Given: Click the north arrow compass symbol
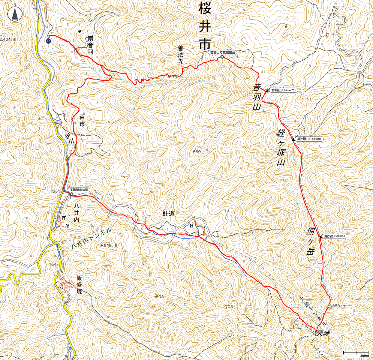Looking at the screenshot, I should pyautogui.click(x=15, y=14).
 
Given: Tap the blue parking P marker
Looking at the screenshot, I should pyautogui.click(x=48, y=41).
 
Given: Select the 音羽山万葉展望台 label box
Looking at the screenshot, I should pyautogui.click(x=222, y=52).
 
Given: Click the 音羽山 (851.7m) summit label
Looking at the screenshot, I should pyautogui.click(x=283, y=90).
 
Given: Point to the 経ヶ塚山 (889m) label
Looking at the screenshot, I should pyautogui.click(x=309, y=139).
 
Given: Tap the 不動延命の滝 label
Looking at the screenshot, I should pyautogui.click(x=79, y=190).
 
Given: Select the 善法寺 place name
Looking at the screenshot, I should pyautogui.click(x=180, y=55).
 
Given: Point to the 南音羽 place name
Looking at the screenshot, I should pyautogui.click(x=90, y=45).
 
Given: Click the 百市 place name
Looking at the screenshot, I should pyautogui.click(x=82, y=120).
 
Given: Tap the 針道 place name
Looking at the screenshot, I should pyautogui.click(x=168, y=214).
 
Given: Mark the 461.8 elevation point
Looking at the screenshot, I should pyautogui.click(x=8, y=39).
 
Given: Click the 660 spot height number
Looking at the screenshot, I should pyautogui.click(x=197, y=152).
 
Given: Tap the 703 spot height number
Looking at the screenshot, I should pyautogui.click(x=229, y=307).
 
